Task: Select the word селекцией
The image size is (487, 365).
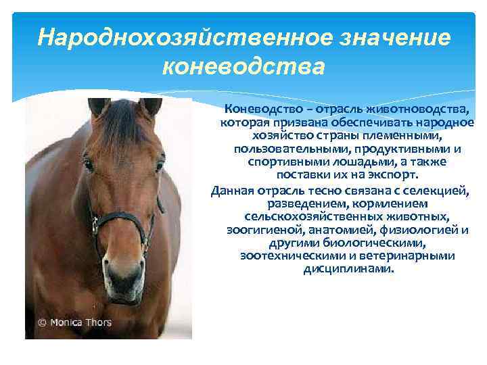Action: point(435,189)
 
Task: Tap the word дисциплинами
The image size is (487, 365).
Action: point(348,269)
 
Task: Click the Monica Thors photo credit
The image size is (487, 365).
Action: point(74,322)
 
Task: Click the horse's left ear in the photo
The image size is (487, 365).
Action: point(99,107)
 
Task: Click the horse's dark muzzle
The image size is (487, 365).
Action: point(126,274)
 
